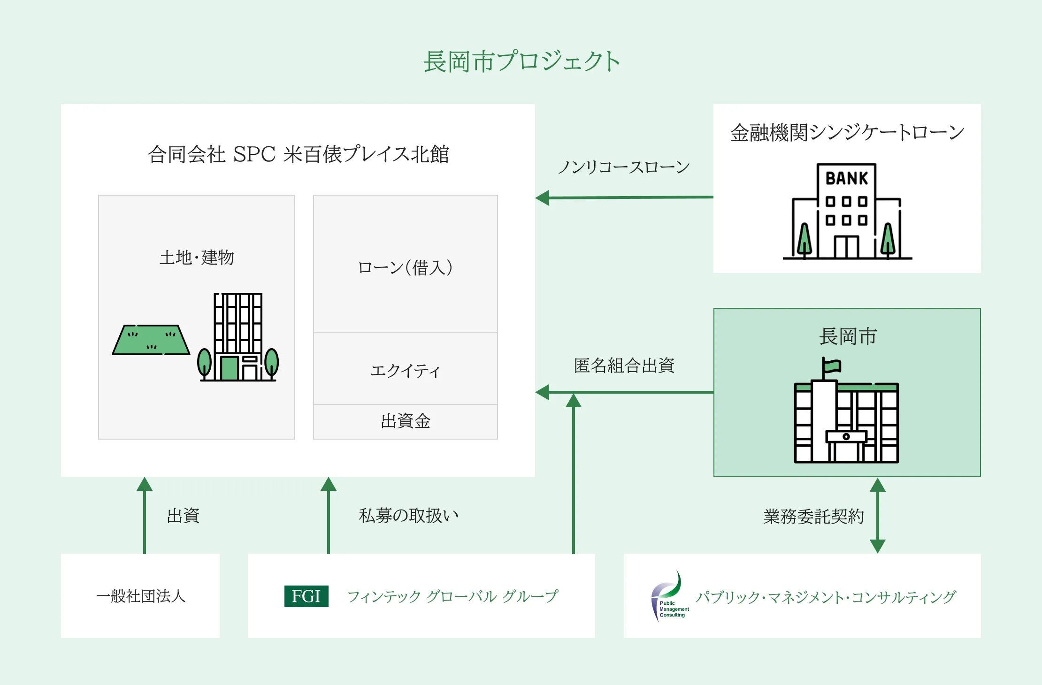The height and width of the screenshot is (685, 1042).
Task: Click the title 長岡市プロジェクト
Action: coord(521,61)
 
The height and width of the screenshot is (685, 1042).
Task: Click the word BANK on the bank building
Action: coord(847,178)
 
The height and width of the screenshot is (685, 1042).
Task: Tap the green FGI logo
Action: coord(306,596)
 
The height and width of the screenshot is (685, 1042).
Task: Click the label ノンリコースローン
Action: coord(624,167)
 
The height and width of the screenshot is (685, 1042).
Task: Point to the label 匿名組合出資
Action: coord(624,365)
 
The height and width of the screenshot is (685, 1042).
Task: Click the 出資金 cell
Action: coord(406,421)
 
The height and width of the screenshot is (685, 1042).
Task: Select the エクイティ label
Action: coord(406,371)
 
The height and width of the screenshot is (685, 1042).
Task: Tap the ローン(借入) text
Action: coord(406,267)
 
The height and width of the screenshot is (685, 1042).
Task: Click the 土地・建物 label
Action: coord(197,258)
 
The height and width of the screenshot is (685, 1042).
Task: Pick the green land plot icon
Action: coord(151,340)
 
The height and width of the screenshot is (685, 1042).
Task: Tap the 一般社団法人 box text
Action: coord(141,596)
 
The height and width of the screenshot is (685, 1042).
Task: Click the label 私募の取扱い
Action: coord(408,516)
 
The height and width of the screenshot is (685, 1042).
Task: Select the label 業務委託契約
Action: coord(813,517)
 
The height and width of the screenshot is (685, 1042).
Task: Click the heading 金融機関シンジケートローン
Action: coord(847,132)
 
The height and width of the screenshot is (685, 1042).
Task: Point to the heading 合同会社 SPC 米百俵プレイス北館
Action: coord(299,154)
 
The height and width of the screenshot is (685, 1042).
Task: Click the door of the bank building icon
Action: coord(846,247)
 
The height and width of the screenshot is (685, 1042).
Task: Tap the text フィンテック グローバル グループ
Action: coord(452,596)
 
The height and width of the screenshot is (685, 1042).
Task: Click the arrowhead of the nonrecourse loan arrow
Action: coord(543,198)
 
